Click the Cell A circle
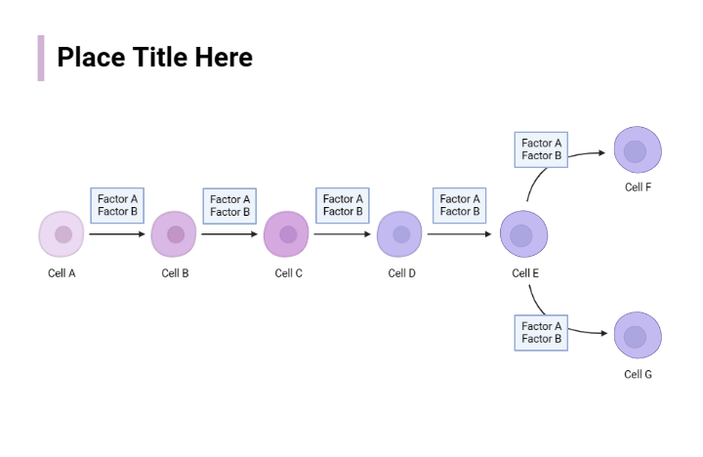[62, 234]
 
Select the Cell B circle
[174, 234]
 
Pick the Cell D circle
[400, 234]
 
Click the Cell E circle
[523, 234]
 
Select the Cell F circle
[638, 151]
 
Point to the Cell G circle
[638, 336]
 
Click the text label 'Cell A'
[62, 273]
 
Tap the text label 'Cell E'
[525, 273]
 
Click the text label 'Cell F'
[639, 187]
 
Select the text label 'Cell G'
[639, 374]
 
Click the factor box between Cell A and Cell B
[117, 205]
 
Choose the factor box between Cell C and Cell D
[343, 205]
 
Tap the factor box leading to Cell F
[541, 149]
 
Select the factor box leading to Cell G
[541, 332]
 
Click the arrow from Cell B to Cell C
[230, 234]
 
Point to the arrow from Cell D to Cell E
[460, 234]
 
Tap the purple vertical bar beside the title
[41, 58]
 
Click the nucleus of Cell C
[288, 234]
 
